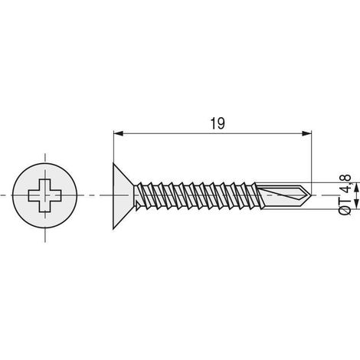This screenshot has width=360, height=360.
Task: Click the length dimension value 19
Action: (218, 123)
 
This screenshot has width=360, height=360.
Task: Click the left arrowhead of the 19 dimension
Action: (119, 133)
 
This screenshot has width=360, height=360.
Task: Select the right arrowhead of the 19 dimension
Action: (306, 133)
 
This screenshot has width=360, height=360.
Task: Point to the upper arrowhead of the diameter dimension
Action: (357, 188)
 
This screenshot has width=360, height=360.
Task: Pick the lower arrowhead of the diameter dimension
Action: (357, 205)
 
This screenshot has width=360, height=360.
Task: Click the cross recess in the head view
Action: (45, 195)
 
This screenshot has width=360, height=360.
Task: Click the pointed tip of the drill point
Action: (311, 196)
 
